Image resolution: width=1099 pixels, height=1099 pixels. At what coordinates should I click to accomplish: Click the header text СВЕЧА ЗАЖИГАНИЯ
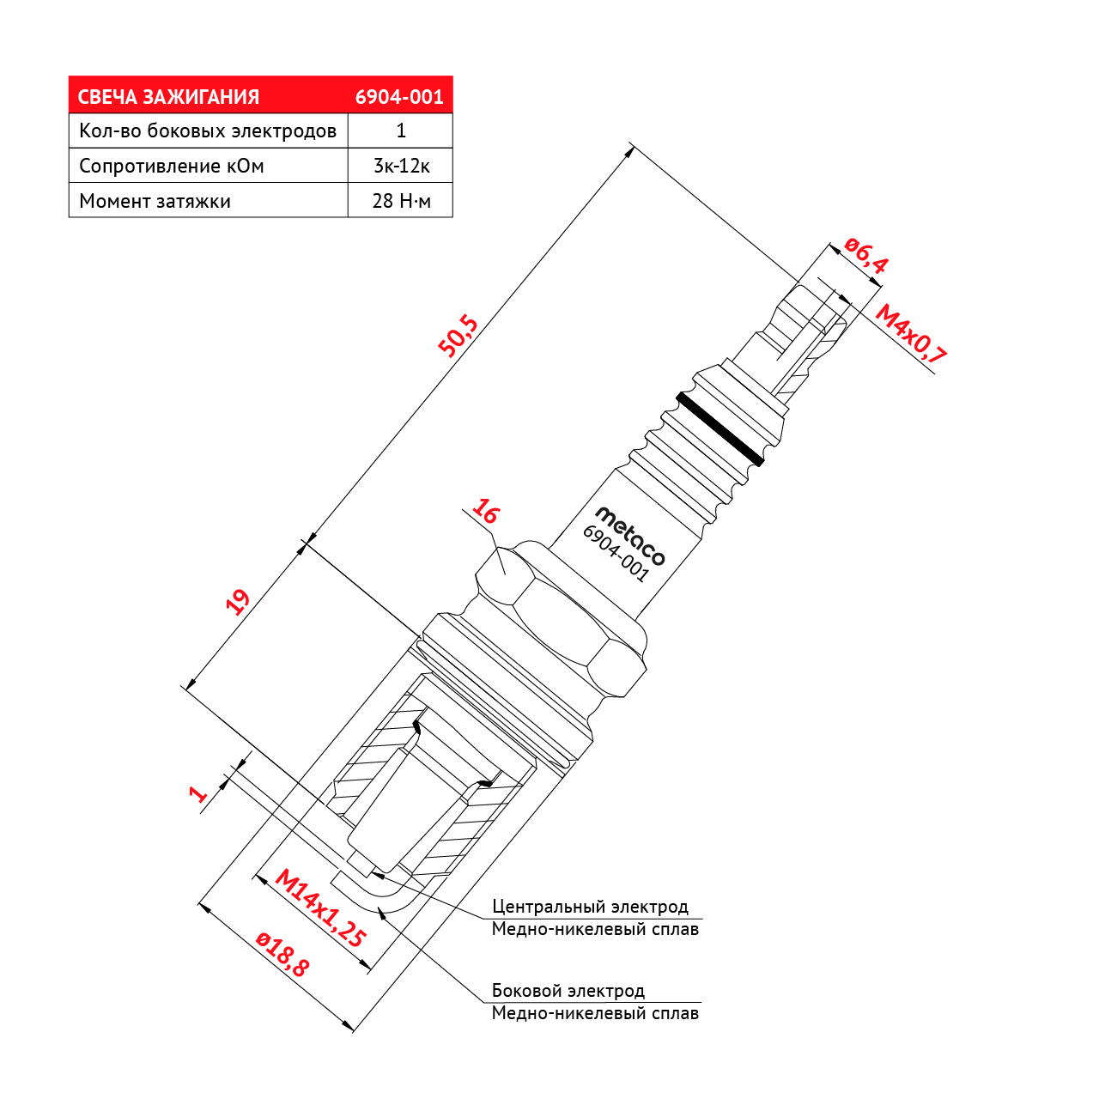[x=168, y=97]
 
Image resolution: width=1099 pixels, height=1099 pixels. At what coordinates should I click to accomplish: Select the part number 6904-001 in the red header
[x=399, y=97]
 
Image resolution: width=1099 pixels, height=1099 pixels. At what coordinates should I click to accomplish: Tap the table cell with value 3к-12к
[x=401, y=166]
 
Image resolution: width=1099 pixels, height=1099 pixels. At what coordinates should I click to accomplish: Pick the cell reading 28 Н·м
[x=401, y=201]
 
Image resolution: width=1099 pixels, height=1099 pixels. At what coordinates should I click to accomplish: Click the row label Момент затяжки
[x=155, y=201]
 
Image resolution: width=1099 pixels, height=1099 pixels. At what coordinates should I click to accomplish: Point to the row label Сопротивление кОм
[x=172, y=166]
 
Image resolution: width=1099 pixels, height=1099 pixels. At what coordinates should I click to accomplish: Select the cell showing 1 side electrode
[x=401, y=131]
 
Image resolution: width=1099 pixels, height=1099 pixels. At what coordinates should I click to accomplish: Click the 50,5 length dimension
[x=458, y=336]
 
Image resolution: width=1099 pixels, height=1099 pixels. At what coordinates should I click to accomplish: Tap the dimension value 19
[x=238, y=602]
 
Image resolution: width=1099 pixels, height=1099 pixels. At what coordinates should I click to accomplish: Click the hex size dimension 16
[x=485, y=511]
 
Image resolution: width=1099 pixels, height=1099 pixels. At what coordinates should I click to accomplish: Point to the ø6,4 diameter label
[x=865, y=255]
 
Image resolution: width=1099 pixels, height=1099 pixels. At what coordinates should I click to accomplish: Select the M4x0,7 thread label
[x=911, y=334]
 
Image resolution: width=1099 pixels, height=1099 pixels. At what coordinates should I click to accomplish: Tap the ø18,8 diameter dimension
[x=282, y=954]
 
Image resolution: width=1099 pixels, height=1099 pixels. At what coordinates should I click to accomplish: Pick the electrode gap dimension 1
[x=197, y=794]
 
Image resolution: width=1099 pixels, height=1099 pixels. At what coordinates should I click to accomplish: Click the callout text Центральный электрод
[x=590, y=906]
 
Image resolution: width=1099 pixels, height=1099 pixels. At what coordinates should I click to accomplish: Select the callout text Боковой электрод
[x=568, y=991]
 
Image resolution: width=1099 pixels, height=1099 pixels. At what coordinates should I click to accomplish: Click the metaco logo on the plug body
[x=630, y=536]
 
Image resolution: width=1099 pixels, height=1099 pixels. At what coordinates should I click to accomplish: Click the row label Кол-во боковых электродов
[x=208, y=131]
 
